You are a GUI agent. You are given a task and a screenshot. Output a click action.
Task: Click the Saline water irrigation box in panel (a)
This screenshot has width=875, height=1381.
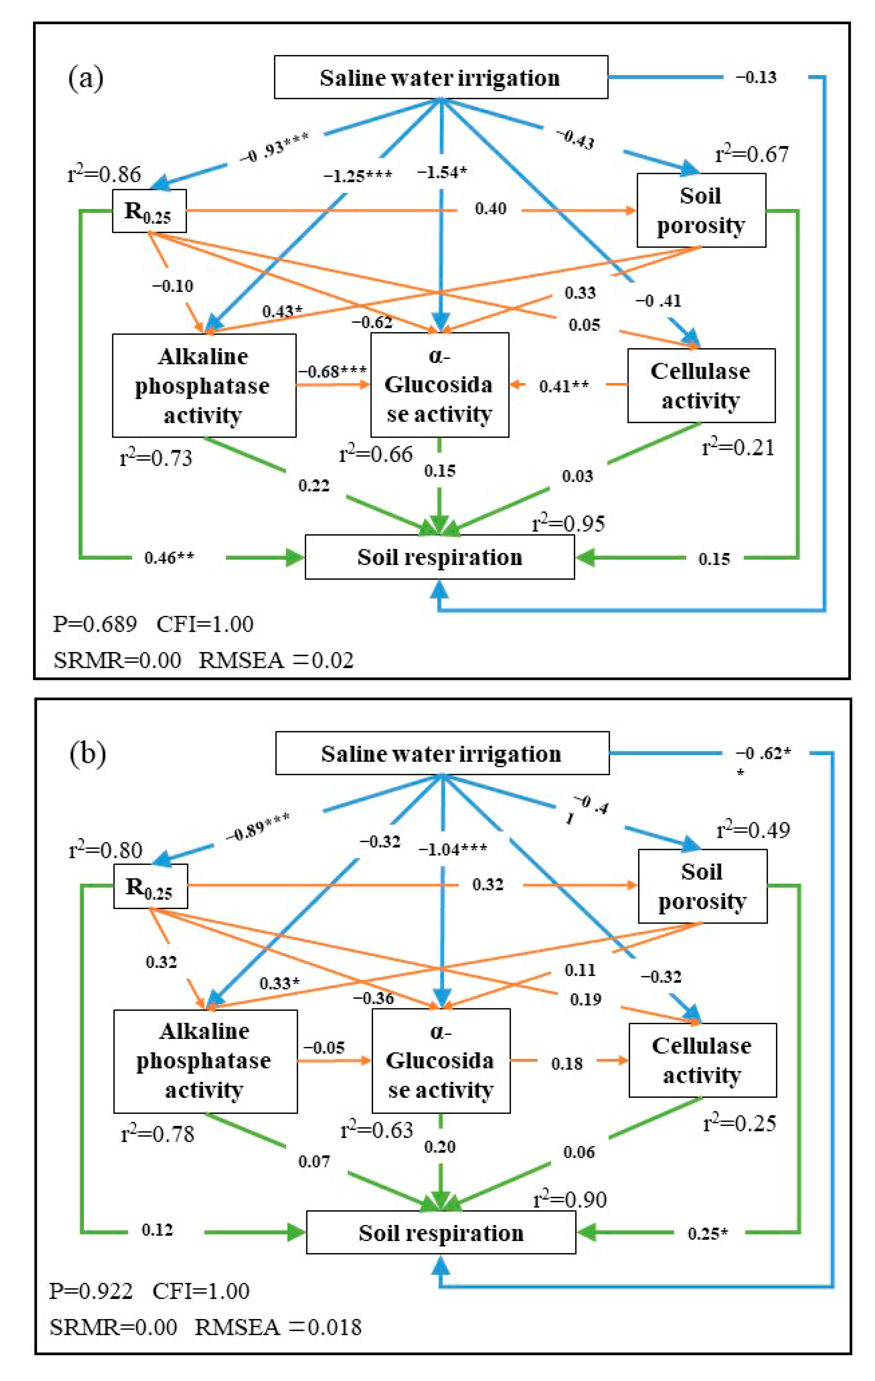tap(440, 77)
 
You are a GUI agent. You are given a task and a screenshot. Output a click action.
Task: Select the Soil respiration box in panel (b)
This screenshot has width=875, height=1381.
tap(440, 1232)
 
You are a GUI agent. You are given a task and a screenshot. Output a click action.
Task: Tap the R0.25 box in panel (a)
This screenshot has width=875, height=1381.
tap(148, 211)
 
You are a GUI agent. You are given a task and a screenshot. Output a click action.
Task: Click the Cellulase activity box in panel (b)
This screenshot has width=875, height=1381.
tap(702, 1060)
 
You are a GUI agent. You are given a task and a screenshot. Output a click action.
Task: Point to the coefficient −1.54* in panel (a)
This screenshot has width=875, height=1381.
tap(441, 172)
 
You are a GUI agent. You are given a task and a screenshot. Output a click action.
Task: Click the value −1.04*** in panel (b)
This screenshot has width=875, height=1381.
tap(452, 849)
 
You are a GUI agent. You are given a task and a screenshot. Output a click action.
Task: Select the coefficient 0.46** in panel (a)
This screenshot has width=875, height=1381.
tap(169, 557)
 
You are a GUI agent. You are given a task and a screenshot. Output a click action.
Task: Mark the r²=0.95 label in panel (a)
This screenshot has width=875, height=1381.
tap(568, 523)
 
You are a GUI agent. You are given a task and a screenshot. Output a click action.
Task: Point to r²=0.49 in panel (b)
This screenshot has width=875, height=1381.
tap(753, 830)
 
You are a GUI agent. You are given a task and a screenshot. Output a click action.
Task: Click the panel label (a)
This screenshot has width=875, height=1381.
tap(86, 78)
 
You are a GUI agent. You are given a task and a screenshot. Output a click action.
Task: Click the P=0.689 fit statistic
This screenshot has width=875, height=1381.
tap(95, 623)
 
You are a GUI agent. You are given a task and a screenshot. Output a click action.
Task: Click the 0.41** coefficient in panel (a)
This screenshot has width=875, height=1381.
tap(563, 386)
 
